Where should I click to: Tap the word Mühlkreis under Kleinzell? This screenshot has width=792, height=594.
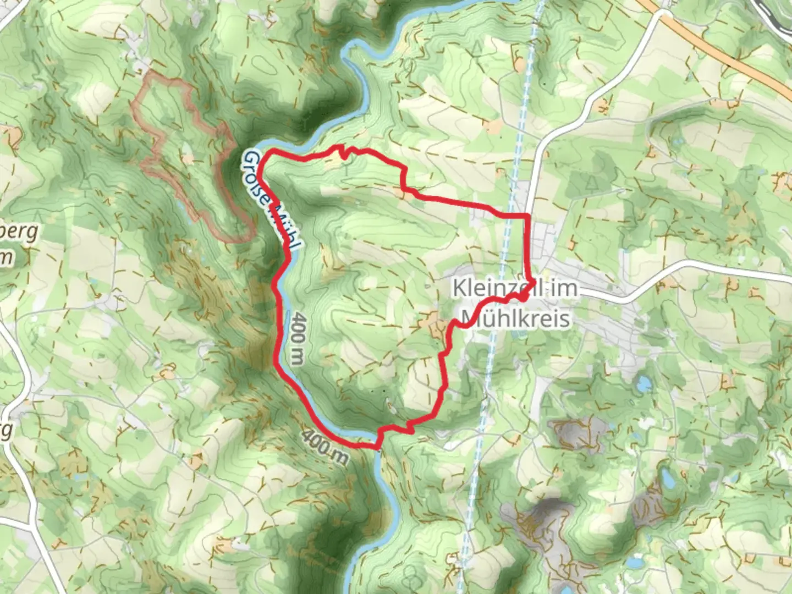click(515, 318)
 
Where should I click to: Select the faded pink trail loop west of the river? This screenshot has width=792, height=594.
click(165, 137)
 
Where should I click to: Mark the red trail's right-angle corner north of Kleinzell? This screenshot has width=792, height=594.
click(528, 215)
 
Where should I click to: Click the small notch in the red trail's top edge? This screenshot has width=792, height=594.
click(343, 153)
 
